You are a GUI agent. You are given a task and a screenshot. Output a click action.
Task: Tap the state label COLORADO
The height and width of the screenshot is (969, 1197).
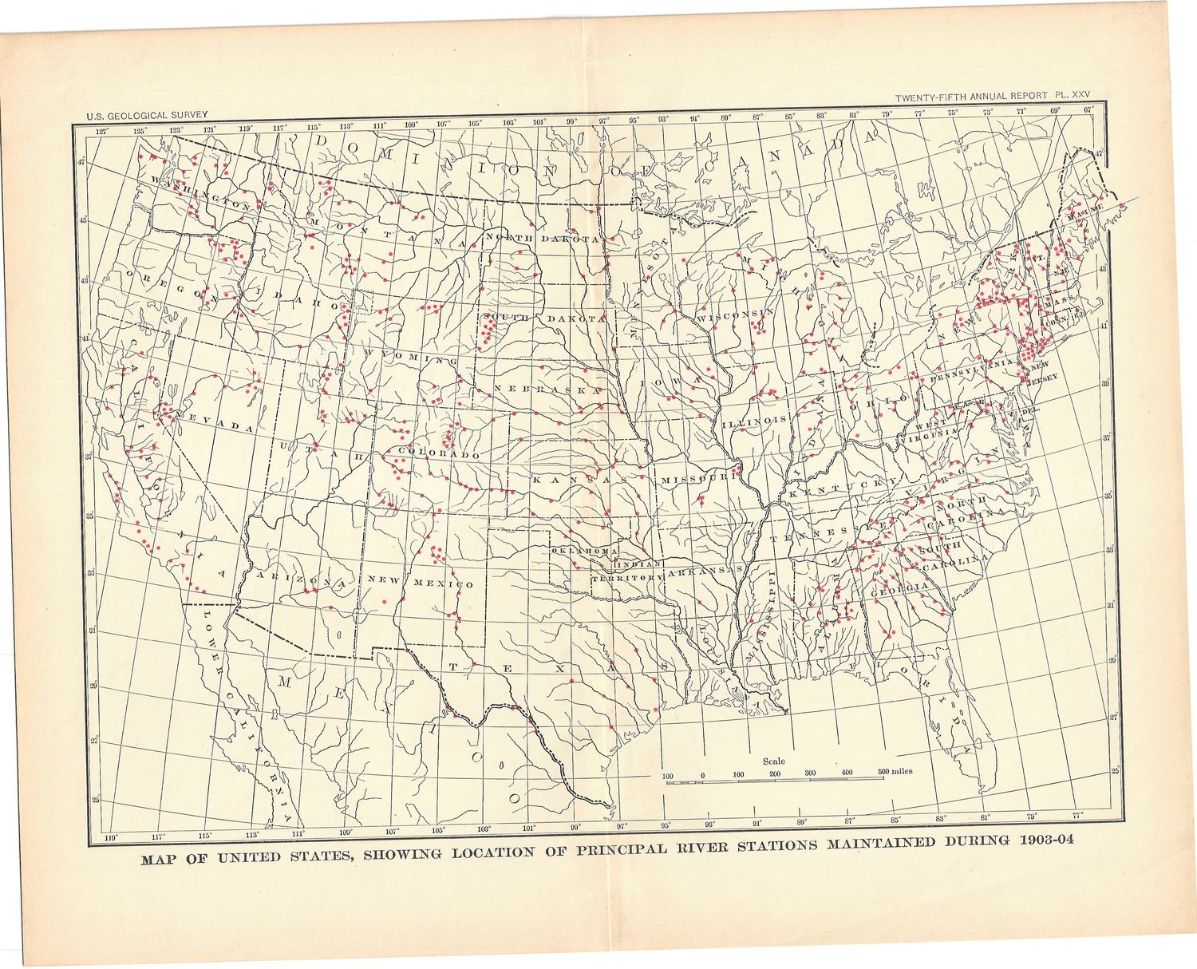click(438, 453)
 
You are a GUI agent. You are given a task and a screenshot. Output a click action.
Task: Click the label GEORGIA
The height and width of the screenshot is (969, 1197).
click(899, 587)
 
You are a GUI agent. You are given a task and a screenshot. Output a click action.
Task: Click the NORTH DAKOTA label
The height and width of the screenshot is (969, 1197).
click(543, 239)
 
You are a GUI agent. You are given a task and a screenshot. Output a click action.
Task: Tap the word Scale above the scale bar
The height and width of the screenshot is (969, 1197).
click(773, 761)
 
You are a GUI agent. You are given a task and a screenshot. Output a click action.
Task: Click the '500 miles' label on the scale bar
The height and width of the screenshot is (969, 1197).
click(896, 772)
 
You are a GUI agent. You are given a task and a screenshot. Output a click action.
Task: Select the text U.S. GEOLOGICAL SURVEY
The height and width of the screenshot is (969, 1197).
click(147, 115)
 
